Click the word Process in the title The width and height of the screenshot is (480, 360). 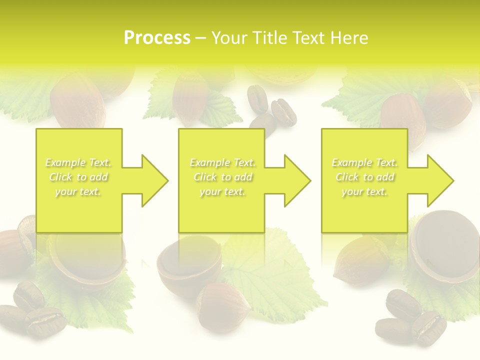(157, 38)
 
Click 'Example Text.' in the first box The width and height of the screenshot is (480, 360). (78, 162)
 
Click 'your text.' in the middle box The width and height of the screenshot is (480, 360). (221, 191)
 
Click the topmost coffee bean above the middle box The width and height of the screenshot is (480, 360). (258, 97)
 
